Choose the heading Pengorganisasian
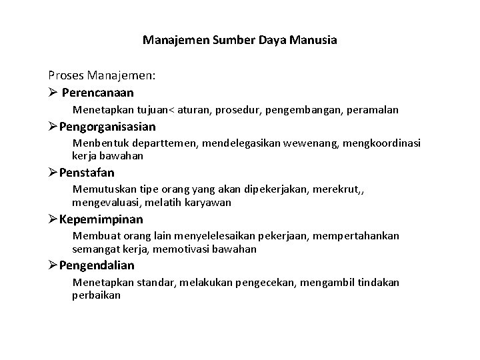[107, 127]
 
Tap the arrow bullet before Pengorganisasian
[53, 127]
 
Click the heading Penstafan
[87, 173]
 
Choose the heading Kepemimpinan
[101, 219]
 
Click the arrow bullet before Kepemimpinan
[53, 219]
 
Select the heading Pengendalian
[97, 265]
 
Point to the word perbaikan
[96, 295]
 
